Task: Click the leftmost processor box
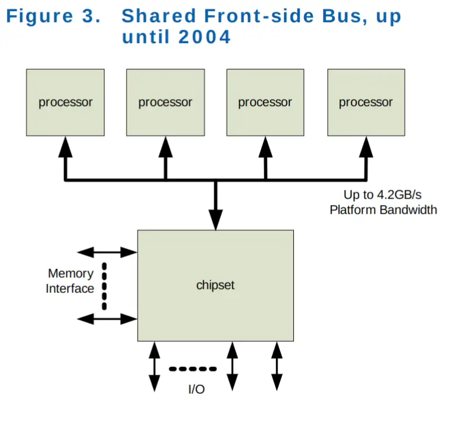tap(65, 102)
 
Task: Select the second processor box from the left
tap(166, 102)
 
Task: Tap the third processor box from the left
tap(265, 102)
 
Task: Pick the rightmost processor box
tap(366, 102)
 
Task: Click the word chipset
tap(215, 285)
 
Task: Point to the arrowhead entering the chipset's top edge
tap(216, 220)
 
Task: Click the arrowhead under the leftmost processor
tap(65, 147)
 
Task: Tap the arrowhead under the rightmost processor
tap(366, 147)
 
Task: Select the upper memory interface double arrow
tap(107, 252)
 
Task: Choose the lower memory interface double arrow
tap(107, 319)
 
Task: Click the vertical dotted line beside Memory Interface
tap(104, 286)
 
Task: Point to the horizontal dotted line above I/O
tap(193, 369)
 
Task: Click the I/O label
tap(197, 390)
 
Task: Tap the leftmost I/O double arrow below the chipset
tap(155, 367)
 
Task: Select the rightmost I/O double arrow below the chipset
tap(276, 366)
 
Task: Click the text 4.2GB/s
tap(400, 195)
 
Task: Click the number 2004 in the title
tap(204, 37)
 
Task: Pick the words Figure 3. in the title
tap(53, 16)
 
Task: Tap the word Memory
tap(71, 274)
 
